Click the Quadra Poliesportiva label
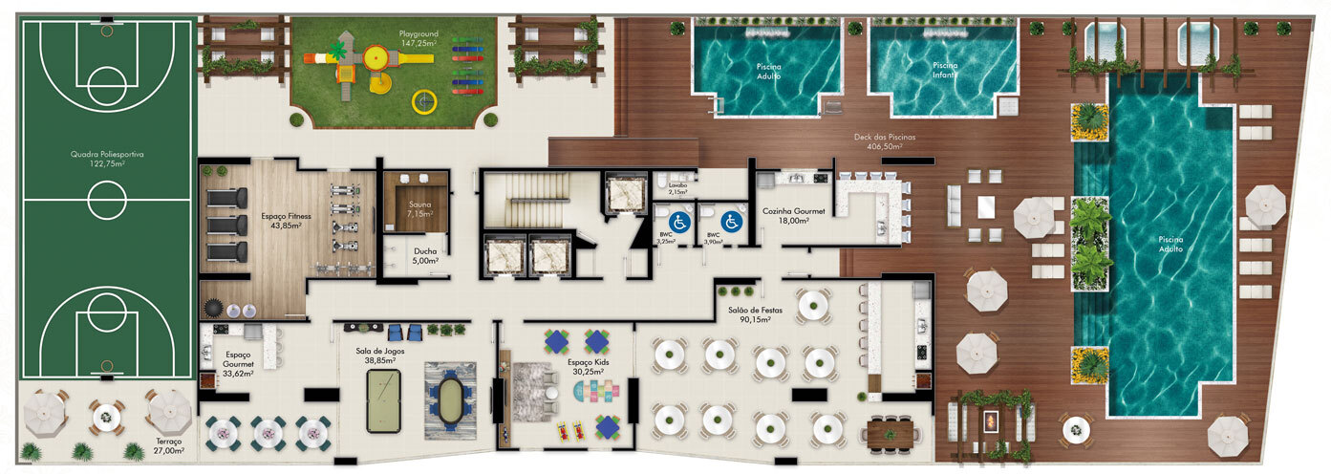tap(106, 158)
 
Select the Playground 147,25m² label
tap(419, 38)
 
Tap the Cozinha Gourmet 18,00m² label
tap(785, 216)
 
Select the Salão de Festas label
tap(747, 314)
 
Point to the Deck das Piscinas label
tap(884, 142)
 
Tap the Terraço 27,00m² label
tap(169, 445)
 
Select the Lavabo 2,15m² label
tap(678, 189)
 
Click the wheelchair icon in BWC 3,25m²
tap(676, 221)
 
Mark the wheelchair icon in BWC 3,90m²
tap(732, 221)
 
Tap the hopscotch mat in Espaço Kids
tap(598, 389)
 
